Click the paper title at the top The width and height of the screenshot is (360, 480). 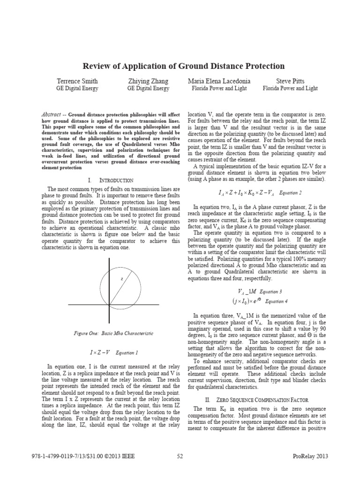(x=184, y=66)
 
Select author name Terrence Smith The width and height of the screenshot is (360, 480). (x=77, y=81)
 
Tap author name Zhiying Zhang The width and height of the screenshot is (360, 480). (x=148, y=81)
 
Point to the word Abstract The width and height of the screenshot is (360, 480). (x=51, y=114)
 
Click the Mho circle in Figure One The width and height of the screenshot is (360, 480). (x=100, y=290)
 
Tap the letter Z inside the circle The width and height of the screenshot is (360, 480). (x=122, y=279)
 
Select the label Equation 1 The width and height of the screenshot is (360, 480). (x=127, y=352)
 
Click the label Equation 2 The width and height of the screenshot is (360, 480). (x=291, y=193)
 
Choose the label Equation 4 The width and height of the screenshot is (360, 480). (x=276, y=301)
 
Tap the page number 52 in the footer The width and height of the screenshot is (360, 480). (x=180, y=456)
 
